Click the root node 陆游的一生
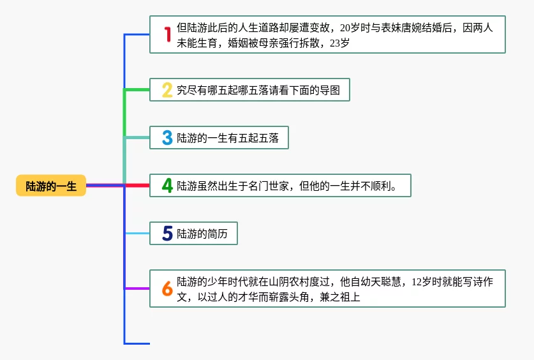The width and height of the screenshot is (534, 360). pyautogui.click(x=51, y=186)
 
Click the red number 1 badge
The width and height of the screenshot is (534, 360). pyautogui.click(x=167, y=34)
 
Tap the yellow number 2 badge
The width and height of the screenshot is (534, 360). pyautogui.click(x=167, y=90)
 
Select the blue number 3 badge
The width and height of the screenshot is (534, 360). pyautogui.click(x=167, y=137)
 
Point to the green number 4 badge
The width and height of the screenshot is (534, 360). pyautogui.click(x=167, y=186)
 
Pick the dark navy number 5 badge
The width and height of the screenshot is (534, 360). pyautogui.click(x=167, y=234)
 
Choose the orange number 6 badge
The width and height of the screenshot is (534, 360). pyautogui.click(x=167, y=289)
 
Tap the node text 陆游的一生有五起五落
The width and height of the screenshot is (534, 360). pyautogui.click(x=228, y=137)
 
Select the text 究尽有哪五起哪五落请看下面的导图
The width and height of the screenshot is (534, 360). pyautogui.click(x=258, y=90)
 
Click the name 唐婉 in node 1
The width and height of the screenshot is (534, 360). pyautogui.click(x=418, y=28)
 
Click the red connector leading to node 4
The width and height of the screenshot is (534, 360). pyautogui.click(x=137, y=186)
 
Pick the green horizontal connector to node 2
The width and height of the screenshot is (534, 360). pyautogui.click(x=137, y=89)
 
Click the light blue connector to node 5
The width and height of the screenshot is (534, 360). pyautogui.click(x=137, y=234)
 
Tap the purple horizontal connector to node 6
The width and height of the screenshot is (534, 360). pyautogui.click(x=137, y=289)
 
